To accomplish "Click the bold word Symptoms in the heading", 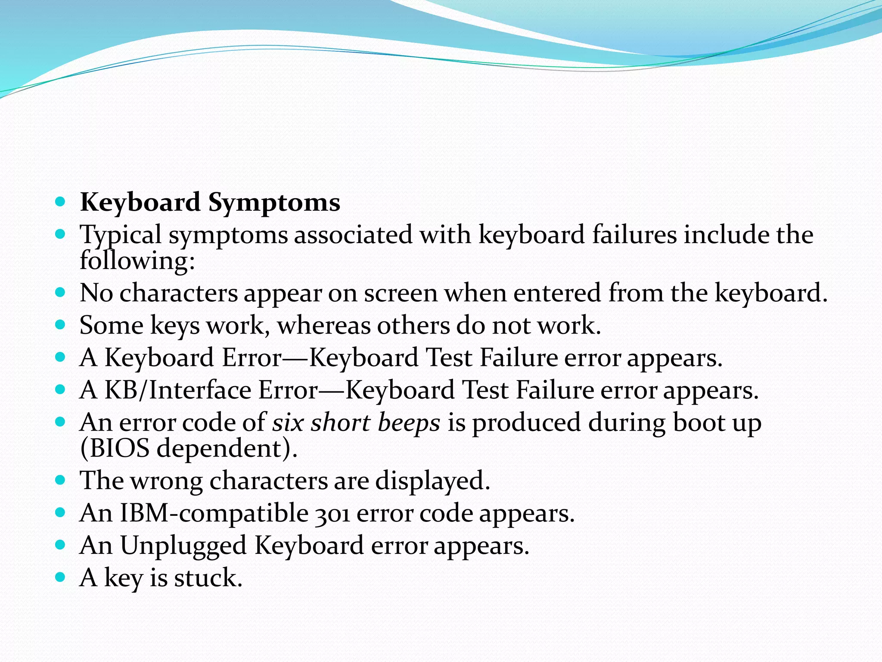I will click(x=274, y=203).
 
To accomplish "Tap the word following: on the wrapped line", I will click(x=137, y=261).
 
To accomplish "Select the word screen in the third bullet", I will click(x=401, y=293).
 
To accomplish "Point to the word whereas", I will click(x=323, y=325).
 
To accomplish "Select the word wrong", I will click(x=166, y=481).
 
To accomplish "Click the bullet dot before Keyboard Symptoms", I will click(x=60, y=201).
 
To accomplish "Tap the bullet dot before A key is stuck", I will click(x=60, y=577).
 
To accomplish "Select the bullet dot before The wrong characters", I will click(x=60, y=480).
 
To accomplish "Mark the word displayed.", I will click(x=432, y=481).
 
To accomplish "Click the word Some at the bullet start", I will click(x=112, y=325).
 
